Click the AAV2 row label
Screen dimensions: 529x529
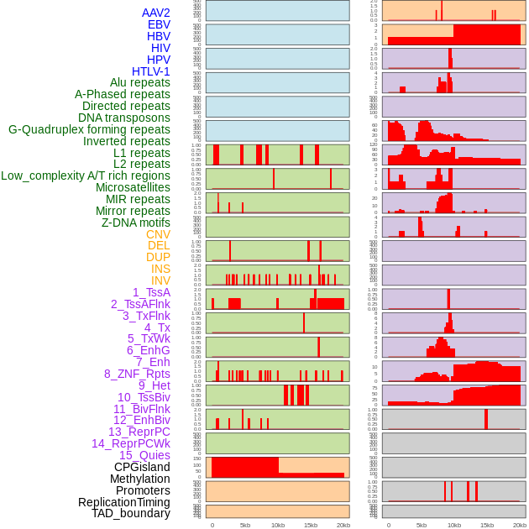[x=156, y=13]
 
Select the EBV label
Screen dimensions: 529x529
[x=159, y=24]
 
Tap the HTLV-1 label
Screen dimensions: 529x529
[x=151, y=71]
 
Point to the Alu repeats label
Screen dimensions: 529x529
[x=140, y=82]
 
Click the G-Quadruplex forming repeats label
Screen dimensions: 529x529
[x=89, y=129]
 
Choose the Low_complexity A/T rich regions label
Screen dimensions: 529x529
[x=86, y=175]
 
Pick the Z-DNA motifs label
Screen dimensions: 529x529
[x=136, y=223]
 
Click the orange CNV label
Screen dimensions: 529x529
[x=158, y=234]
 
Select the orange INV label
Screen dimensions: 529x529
[x=160, y=280]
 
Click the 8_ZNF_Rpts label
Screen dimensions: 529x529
[x=137, y=374]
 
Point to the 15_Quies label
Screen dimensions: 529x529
[x=144, y=455]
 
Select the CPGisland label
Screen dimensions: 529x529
[x=142, y=467]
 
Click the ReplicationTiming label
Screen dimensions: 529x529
[x=124, y=502]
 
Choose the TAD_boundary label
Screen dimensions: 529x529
[x=131, y=513]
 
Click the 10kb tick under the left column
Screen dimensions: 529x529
[x=278, y=525]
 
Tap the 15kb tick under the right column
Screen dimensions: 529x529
[x=487, y=525]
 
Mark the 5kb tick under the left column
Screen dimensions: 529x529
[x=245, y=525]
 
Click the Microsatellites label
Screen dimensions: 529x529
[x=133, y=187]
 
